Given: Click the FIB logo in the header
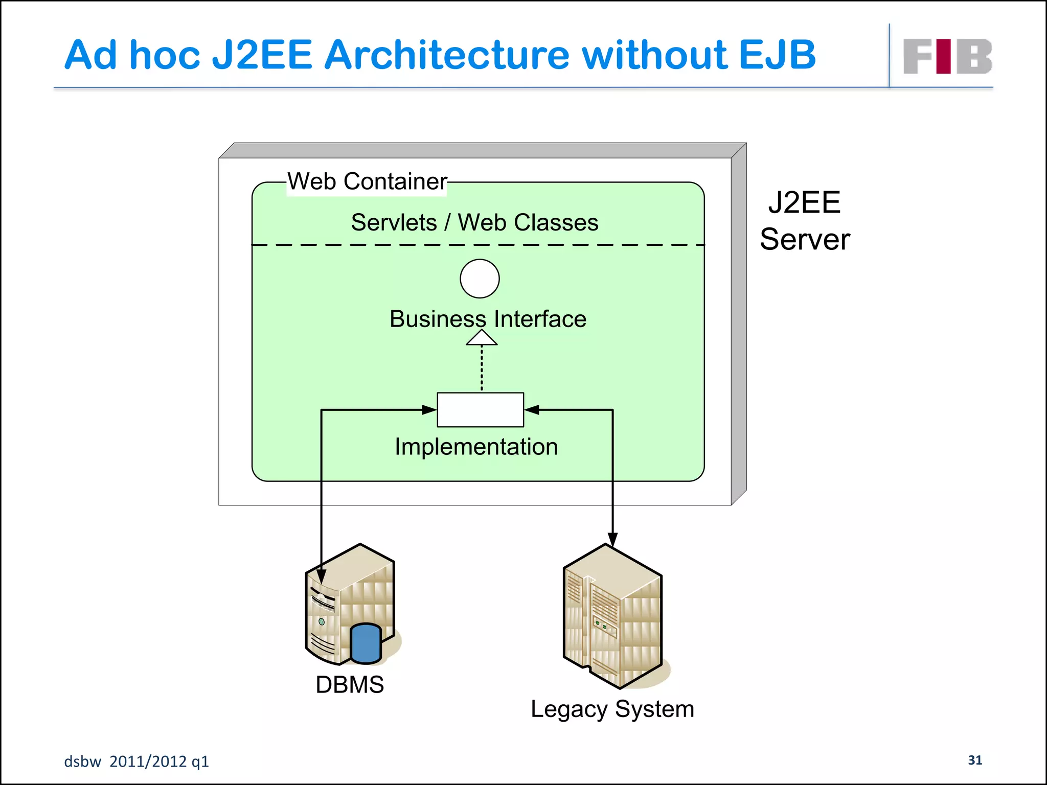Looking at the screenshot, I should [x=947, y=56].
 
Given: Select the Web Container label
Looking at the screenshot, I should [x=367, y=181].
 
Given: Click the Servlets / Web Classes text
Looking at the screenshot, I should [x=474, y=222].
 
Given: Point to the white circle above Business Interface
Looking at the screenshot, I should [x=480, y=279].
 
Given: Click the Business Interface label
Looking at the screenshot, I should [x=488, y=319].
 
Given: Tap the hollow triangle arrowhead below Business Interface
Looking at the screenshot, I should [x=482, y=338].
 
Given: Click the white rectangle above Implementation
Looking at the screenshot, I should [x=480, y=409].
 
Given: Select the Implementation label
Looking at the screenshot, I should [x=476, y=447].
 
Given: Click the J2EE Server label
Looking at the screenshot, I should [x=805, y=221].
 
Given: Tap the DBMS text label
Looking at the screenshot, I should [x=350, y=684].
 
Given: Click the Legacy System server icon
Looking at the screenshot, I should [x=613, y=616].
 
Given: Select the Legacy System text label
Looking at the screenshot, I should [x=612, y=709].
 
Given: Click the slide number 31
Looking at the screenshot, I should [x=975, y=760].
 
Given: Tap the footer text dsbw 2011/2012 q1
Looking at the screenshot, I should [x=136, y=761].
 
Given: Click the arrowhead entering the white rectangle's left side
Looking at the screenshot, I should [x=429, y=409].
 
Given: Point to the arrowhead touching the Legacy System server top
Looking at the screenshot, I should [x=612, y=540].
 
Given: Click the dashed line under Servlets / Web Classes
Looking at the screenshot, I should [x=478, y=245].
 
